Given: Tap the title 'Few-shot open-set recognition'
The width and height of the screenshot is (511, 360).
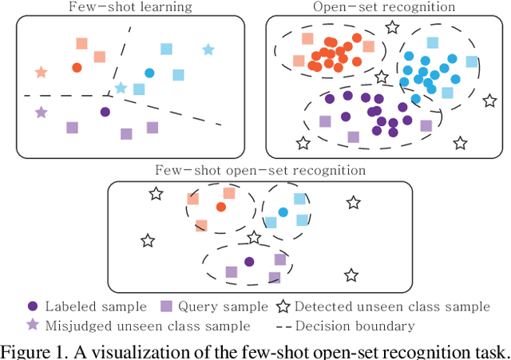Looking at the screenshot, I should pos(261,171).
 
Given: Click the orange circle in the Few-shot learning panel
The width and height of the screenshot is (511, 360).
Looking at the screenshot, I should pos(77,68).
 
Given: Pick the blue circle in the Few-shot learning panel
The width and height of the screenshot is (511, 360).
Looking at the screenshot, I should pos(149,73).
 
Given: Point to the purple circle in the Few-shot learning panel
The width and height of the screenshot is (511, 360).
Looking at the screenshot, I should pos(105,112).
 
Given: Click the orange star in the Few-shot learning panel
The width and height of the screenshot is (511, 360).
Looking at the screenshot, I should pos(42,73).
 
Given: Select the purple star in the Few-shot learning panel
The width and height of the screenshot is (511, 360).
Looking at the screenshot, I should pos(42,113).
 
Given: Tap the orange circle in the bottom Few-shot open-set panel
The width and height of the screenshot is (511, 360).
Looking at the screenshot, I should pos(220,207).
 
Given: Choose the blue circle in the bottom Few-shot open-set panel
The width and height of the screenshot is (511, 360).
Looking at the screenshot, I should pos(283,213).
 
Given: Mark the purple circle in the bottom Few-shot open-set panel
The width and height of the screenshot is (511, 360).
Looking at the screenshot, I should pos(249,261).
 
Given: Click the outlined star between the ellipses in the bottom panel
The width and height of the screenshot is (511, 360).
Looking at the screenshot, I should pos(254,237).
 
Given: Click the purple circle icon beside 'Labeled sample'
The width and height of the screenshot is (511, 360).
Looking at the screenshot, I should pos(33,307).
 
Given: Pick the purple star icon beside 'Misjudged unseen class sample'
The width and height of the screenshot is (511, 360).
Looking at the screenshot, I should pos(33,326).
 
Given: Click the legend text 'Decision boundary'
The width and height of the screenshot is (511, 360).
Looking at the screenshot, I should pos(355,326).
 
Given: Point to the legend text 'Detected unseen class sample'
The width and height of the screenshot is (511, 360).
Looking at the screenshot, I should pos(391,307).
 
